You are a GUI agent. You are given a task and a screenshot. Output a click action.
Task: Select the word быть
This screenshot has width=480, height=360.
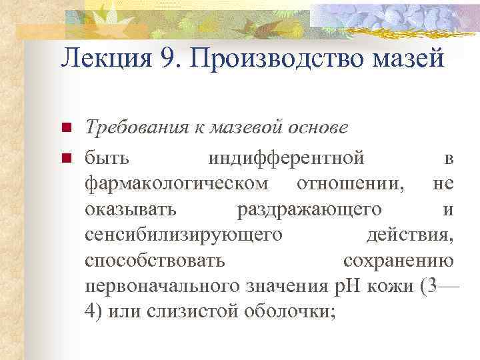(x=107, y=158)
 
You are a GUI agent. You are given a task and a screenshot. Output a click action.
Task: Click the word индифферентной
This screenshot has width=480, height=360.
(x=286, y=158)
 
